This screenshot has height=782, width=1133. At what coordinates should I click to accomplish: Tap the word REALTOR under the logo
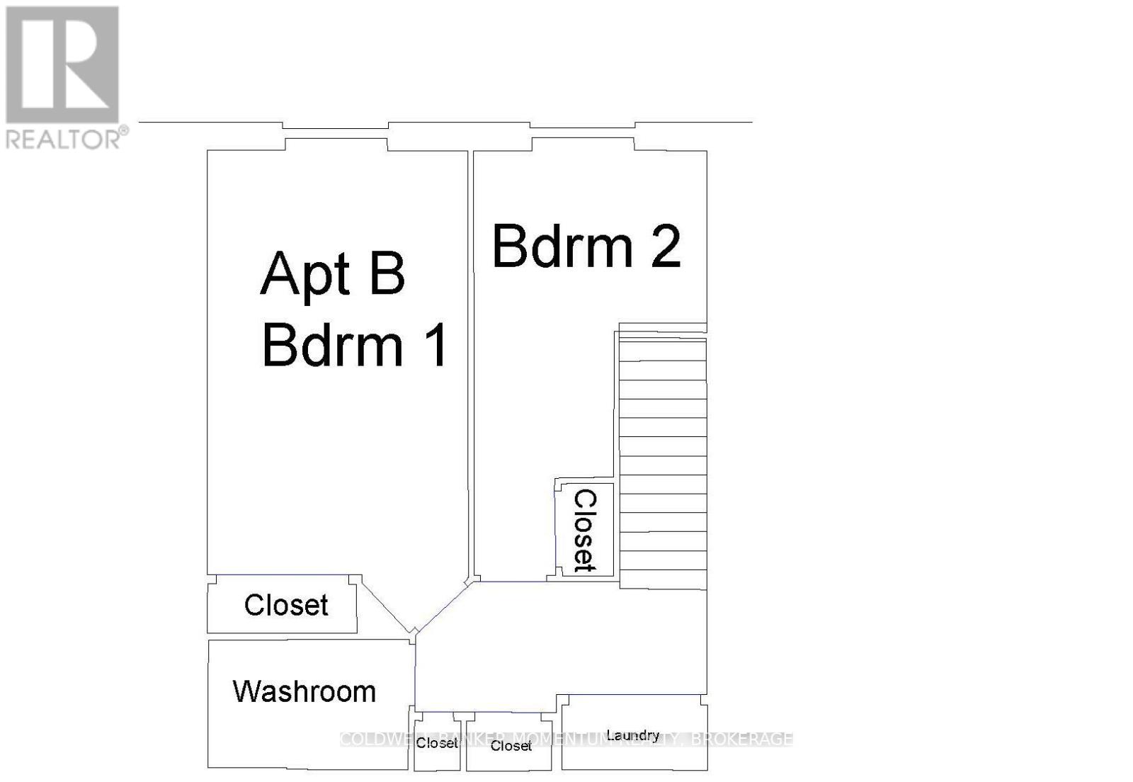pyautogui.click(x=64, y=138)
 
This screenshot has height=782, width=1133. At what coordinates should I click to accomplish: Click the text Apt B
pyautogui.click(x=333, y=275)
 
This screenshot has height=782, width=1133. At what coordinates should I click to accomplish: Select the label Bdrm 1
pyautogui.click(x=354, y=346)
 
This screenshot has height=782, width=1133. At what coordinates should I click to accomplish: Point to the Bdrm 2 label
pyautogui.click(x=586, y=247)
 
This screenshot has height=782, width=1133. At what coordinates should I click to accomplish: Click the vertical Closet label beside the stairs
pyautogui.click(x=585, y=531)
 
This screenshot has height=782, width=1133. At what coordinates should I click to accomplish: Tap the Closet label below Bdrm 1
pyautogui.click(x=285, y=606)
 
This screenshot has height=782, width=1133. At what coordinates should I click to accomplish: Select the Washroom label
pyautogui.click(x=304, y=691)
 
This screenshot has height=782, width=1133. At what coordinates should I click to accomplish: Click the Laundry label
pyautogui.click(x=632, y=735)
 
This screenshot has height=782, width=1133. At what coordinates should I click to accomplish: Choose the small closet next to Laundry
pyautogui.click(x=510, y=746)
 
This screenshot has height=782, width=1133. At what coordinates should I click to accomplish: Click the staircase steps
pyautogui.click(x=663, y=460)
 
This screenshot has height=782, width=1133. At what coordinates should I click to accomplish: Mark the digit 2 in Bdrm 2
pyautogui.click(x=666, y=247)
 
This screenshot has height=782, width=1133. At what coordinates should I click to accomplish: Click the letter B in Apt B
pyautogui.click(x=387, y=275)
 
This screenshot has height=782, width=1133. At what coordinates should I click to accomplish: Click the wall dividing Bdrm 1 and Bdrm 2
pyautogui.click(x=470, y=354)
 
